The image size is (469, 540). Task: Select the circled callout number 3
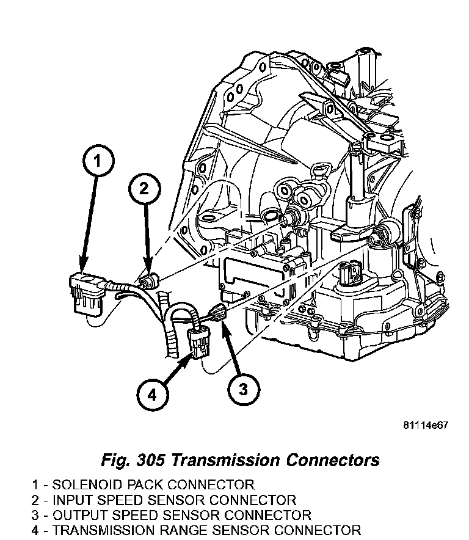click(x=243, y=388)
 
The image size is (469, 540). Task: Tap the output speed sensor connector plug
click(x=219, y=312)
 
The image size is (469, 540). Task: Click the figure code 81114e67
click(x=425, y=425)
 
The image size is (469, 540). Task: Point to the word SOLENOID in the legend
click(x=84, y=485)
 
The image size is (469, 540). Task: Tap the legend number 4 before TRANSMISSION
click(x=36, y=530)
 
